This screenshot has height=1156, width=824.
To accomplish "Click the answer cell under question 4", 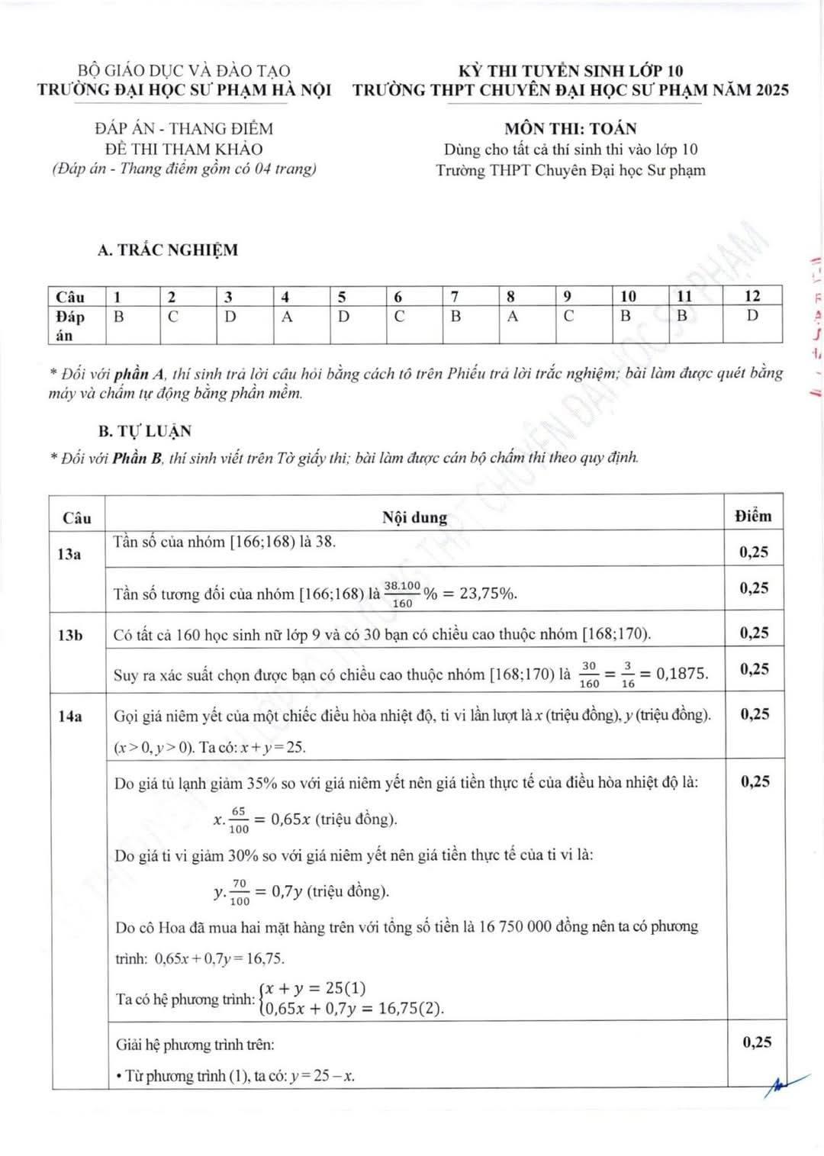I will click(x=287, y=317).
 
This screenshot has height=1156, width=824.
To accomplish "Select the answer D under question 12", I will click(x=752, y=315).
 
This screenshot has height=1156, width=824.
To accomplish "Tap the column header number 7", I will click(x=455, y=296).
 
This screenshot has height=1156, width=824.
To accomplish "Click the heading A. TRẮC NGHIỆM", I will click(x=168, y=250).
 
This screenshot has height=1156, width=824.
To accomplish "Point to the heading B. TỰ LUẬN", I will click(x=145, y=431).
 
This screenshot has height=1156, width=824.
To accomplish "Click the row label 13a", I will click(x=69, y=554).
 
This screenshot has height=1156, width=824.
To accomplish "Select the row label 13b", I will click(x=70, y=634).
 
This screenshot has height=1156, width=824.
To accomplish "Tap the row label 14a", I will click(x=70, y=716).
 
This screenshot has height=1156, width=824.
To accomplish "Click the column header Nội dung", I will click(x=414, y=517).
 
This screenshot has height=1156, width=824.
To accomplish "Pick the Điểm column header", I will click(x=753, y=516).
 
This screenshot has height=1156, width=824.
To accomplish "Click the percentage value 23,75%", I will click(x=488, y=594).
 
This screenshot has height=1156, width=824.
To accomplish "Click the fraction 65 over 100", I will click(x=239, y=820).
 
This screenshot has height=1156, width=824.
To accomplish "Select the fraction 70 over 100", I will click(x=240, y=891).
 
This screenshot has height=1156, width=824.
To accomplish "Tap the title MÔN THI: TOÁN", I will click(x=570, y=128).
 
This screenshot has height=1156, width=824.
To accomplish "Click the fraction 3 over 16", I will click(x=627, y=675).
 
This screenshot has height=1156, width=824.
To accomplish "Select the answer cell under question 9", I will click(x=568, y=316).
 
